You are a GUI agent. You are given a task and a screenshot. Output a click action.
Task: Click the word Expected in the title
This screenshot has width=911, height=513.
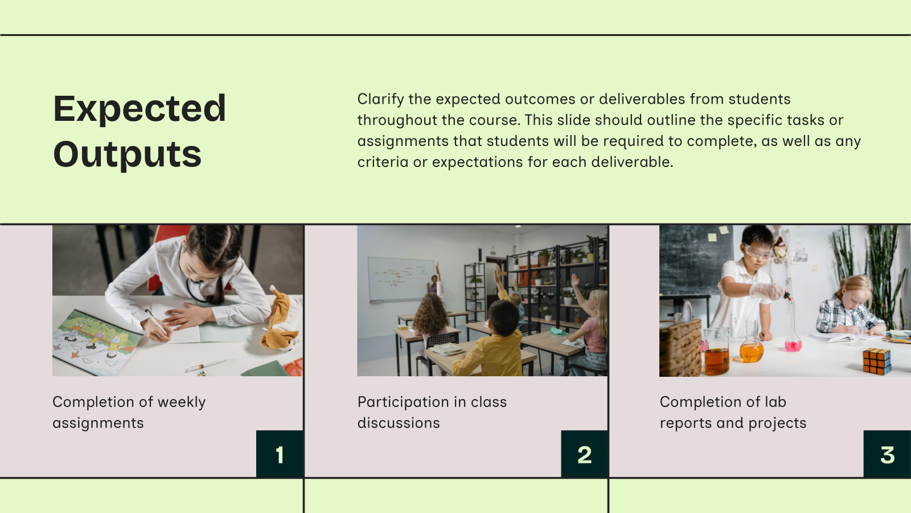tap(139, 108)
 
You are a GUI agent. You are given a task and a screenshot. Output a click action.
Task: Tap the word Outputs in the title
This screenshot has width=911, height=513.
tap(127, 154)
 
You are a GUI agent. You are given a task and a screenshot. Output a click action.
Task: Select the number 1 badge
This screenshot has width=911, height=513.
tap(280, 454)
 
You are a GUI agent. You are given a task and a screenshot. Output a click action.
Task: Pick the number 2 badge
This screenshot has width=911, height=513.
tap(585, 454)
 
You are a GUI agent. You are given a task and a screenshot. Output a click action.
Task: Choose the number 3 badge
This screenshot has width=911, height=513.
tap(887, 454)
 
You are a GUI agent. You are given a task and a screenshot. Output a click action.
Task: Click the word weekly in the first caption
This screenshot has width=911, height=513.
tap(182, 402)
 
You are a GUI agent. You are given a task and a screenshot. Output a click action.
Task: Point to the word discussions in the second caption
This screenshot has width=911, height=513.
tap(399, 423)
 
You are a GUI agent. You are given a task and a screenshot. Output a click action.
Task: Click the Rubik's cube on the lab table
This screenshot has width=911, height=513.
tap(876, 361)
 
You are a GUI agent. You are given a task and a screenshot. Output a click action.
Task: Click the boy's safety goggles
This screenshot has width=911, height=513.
tap(757, 251)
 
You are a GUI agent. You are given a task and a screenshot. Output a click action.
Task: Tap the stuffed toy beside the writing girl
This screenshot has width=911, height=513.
tap(281, 322)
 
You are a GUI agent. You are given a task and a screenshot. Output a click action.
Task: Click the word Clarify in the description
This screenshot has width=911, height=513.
tap(380, 99)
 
